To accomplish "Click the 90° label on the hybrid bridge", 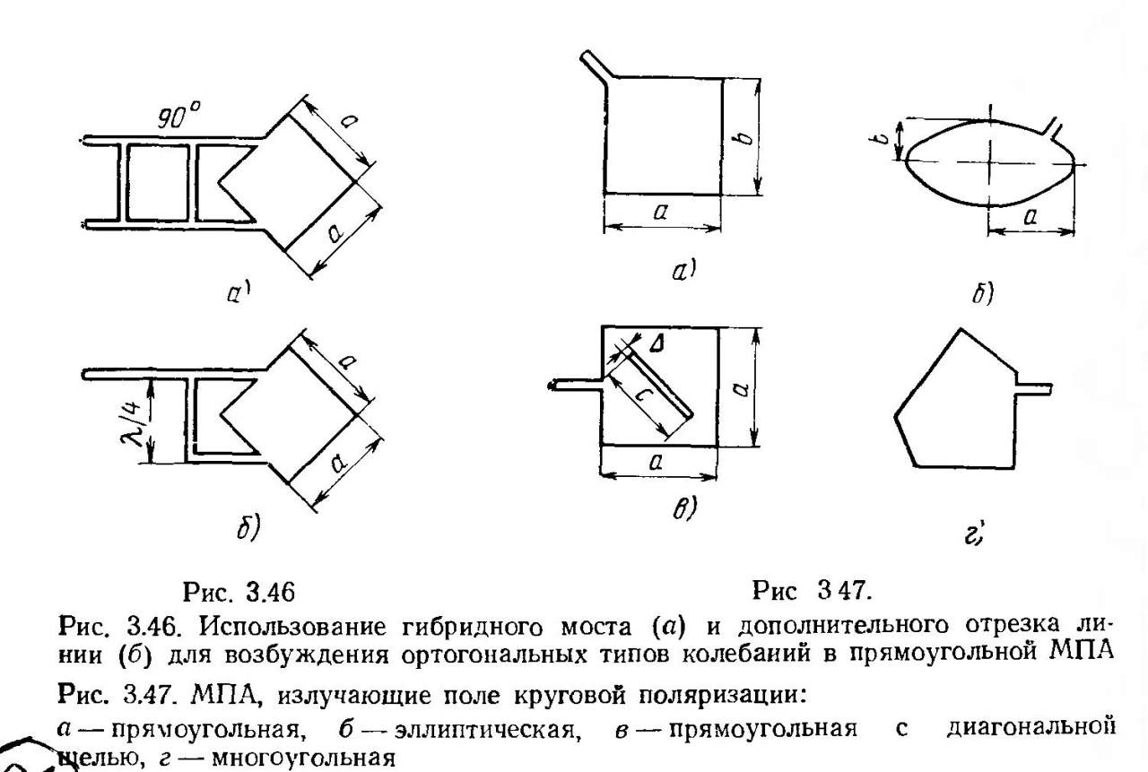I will pos(178,119).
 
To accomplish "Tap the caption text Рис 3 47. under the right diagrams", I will pos(813,591).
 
